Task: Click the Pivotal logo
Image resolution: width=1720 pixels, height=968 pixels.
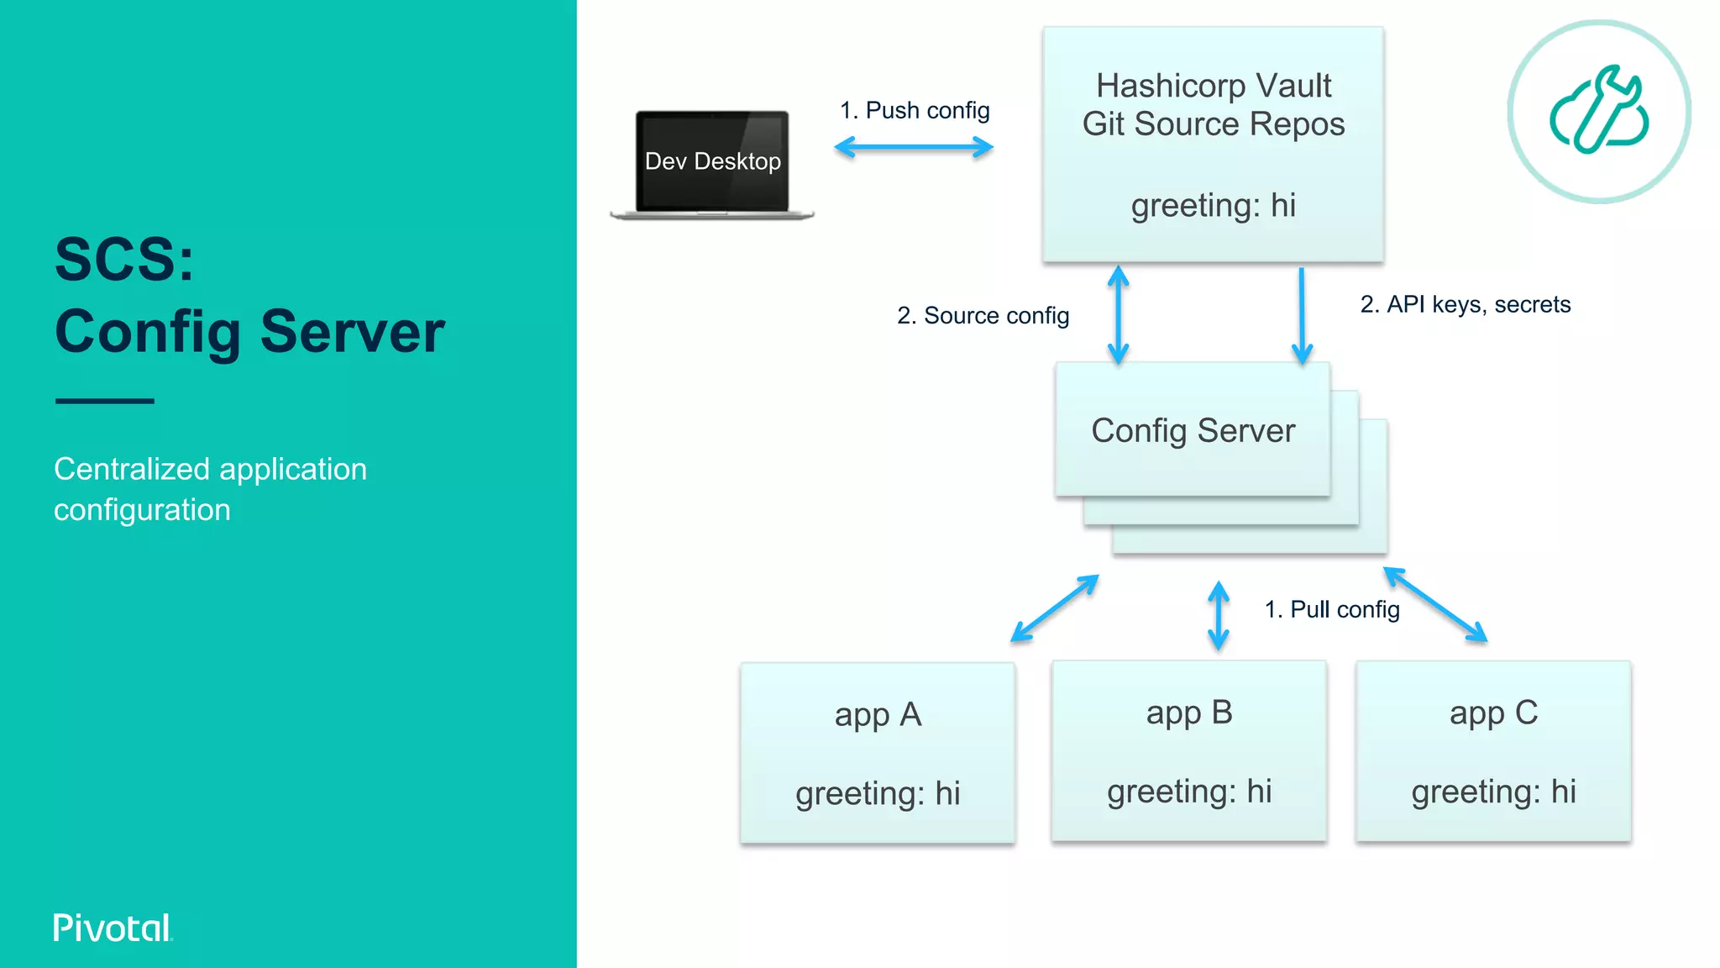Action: pyautogui.click(x=113, y=928)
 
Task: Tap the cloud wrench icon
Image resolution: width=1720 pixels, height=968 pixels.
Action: pyautogui.click(x=1599, y=112)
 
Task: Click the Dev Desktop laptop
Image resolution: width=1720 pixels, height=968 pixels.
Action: pyautogui.click(x=712, y=163)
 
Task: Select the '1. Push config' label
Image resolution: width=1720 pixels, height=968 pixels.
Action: pyautogui.click(x=915, y=110)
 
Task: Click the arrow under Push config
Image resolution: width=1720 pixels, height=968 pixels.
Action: pyautogui.click(x=914, y=148)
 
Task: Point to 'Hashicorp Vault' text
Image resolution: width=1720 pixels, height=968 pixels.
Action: pyautogui.click(x=1214, y=86)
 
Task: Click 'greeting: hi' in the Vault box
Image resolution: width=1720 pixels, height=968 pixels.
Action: pyautogui.click(x=1214, y=205)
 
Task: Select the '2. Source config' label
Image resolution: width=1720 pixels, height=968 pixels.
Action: pyautogui.click(x=983, y=315)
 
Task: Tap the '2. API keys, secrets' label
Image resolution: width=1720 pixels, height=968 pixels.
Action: pyautogui.click(x=1465, y=304)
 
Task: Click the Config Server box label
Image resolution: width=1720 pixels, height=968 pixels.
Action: pyautogui.click(x=1193, y=430)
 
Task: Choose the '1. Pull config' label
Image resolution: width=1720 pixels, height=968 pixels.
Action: pyautogui.click(x=1332, y=609)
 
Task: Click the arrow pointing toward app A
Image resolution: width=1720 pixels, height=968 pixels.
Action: pyautogui.click(x=1055, y=608)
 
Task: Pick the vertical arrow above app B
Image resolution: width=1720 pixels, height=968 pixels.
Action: pyautogui.click(x=1218, y=616)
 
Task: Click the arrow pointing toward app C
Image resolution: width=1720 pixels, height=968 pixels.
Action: pyautogui.click(x=1435, y=605)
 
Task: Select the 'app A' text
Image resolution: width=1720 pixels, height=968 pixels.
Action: pyautogui.click(x=878, y=715)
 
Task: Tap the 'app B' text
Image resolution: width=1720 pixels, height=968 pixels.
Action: pyautogui.click(x=1189, y=713)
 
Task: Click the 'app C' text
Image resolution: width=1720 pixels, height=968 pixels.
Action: pyautogui.click(x=1493, y=713)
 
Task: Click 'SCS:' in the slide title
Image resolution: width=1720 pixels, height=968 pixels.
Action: pyautogui.click(x=124, y=259)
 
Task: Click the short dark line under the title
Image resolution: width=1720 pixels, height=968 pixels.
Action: pyautogui.click(x=105, y=401)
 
